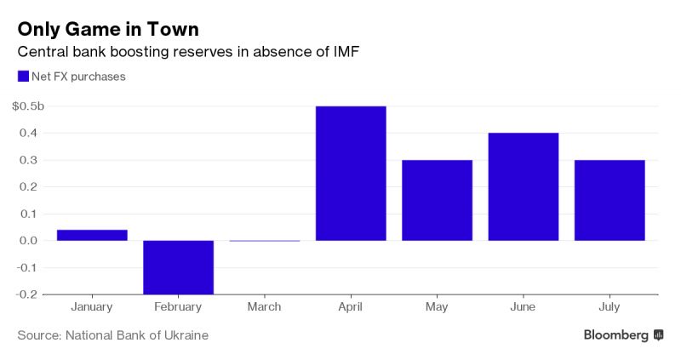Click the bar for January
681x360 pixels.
pos(92,235)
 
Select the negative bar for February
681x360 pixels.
pos(178,267)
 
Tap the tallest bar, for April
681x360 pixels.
pos(351,174)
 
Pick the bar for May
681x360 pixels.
pos(437,200)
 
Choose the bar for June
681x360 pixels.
pos(523,186)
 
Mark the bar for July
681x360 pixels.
pos(609,200)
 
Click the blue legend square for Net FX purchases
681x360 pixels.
pos(23,77)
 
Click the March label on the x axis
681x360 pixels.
pos(265,307)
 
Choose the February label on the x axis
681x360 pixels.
pos(178,307)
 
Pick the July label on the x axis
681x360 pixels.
pos(609,307)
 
